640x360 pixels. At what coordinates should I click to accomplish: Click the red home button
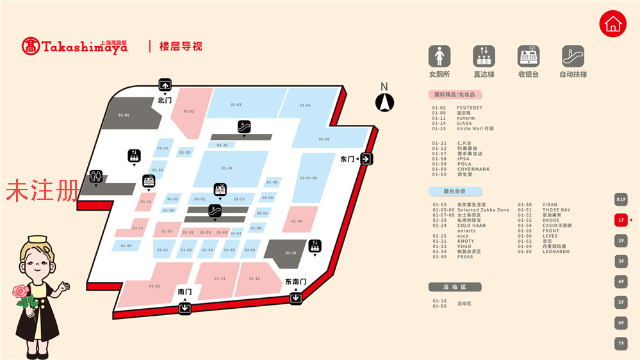(x=613, y=24)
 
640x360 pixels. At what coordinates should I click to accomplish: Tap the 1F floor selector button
(x=620, y=220)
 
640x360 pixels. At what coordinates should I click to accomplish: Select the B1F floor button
(x=620, y=199)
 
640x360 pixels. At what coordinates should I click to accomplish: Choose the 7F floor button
(x=620, y=343)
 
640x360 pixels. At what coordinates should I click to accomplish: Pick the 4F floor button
(x=620, y=281)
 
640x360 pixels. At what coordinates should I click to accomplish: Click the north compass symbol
(x=384, y=101)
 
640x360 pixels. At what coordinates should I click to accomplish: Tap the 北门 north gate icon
(x=165, y=85)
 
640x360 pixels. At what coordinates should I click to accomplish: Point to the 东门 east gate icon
(x=366, y=159)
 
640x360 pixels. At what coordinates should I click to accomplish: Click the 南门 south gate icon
(x=185, y=307)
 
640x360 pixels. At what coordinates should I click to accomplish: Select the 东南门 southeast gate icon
(x=295, y=297)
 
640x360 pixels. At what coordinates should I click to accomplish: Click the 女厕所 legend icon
(x=439, y=56)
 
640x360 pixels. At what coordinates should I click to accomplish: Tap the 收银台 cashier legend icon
(x=529, y=56)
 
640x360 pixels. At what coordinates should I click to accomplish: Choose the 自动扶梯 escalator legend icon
(x=573, y=56)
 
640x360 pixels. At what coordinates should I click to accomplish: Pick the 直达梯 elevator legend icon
(x=484, y=56)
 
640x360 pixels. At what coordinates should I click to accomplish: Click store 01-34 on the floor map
(x=227, y=168)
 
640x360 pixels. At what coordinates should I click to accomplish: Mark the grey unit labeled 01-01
(x=124, y=115)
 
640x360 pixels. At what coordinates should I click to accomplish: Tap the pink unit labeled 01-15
(x=154, y=285)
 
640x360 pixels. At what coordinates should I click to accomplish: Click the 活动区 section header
(x=454, y=287)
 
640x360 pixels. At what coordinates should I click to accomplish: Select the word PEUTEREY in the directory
(x=470, y=108)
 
